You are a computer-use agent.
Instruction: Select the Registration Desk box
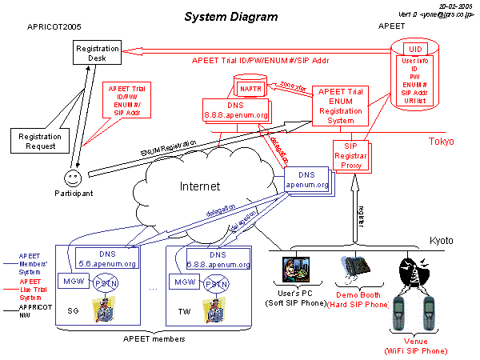[x=98, y=54]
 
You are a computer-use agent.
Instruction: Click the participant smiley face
[x=72, y=174]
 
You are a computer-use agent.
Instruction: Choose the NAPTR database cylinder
[x=250, y=87]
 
